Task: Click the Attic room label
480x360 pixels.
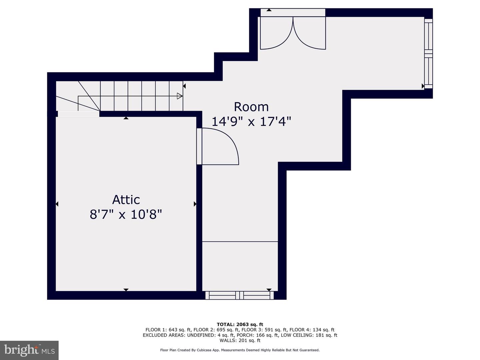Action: click(126, 200)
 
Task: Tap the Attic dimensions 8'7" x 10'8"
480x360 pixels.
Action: click(126, 214)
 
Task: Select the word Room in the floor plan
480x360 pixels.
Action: click(251, 107)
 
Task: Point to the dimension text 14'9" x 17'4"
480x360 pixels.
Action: click(251, 122)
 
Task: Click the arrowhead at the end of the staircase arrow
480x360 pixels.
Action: click(180, 96)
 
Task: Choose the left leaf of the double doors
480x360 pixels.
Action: click(277, 33)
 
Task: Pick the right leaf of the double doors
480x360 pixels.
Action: click(309, 33)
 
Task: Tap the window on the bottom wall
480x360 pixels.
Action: click(239, 295)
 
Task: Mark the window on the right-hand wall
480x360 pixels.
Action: click(429, 54)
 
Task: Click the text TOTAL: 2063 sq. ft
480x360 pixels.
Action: click(240, 324)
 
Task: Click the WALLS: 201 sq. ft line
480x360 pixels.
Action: click(240, 340)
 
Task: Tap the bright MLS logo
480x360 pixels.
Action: click(29, 350)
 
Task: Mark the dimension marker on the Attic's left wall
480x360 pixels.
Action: click(57, 204)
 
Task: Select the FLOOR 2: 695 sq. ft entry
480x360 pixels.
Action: click(217, 330)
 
